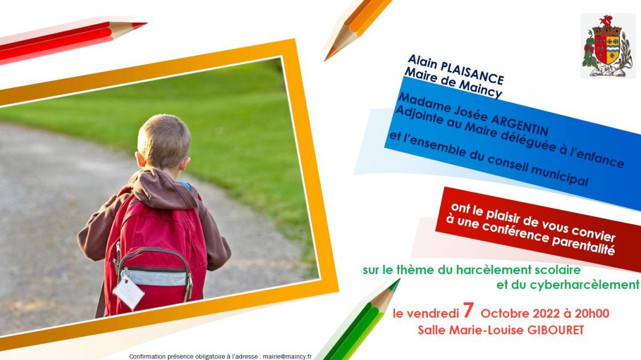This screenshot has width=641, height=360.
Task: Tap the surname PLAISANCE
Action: pos(472,74)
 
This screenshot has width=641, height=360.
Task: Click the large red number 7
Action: pos(467,311)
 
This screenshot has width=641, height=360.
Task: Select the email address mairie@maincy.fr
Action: pos(287,357)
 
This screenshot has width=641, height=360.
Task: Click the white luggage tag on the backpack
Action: pos(128,292)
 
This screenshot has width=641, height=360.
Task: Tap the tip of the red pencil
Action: pos(146,23)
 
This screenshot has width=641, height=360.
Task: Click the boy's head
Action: pos(163,142)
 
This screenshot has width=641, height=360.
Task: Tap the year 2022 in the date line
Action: pos(546,314)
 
